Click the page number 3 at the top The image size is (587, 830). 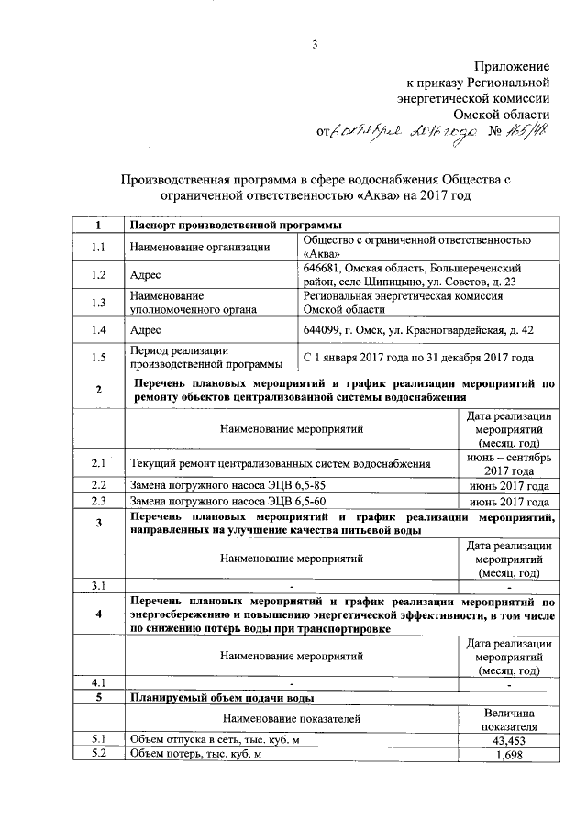tap(315, 45)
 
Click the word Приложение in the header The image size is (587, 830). tap(512, 66)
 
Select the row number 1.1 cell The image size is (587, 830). tap(98, 247)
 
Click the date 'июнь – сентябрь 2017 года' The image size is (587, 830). tap(508, 463)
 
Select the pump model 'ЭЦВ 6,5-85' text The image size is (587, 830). tap(295, 486)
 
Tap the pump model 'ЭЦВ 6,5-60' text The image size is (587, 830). tap(295, 502)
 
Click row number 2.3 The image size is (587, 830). tap(98, 502)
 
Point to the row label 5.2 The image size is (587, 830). tap(98, 755)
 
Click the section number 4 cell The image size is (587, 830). tap(98, 614)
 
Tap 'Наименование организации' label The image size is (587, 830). tap(200, 247)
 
